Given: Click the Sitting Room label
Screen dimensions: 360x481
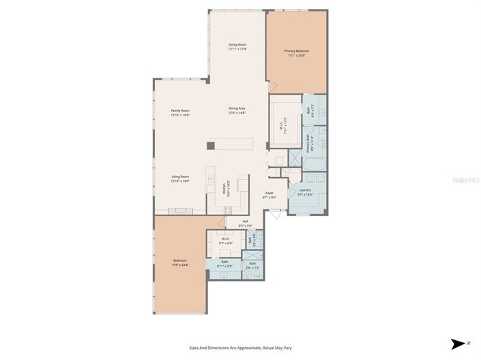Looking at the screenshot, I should [x=237, y=47].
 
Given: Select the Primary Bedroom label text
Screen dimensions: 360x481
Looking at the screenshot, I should [x=296, y=53].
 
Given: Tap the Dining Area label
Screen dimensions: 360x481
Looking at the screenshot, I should [x=237, y=110].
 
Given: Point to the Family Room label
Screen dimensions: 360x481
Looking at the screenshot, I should [x=180, y=112].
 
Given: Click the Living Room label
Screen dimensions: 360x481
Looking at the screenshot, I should [x=180, y=179].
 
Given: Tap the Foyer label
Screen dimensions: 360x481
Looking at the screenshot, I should [x=269, y=195].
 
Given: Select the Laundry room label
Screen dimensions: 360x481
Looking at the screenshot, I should [x=304, y=192].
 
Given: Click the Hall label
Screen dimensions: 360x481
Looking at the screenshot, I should [x=245, y=223].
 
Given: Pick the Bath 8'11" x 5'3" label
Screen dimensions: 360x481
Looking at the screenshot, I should [x=224, y=263].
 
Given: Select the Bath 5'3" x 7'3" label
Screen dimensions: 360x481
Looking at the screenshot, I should [x=252, y=265].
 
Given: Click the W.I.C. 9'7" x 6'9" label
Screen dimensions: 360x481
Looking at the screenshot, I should [x=226, y=240].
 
